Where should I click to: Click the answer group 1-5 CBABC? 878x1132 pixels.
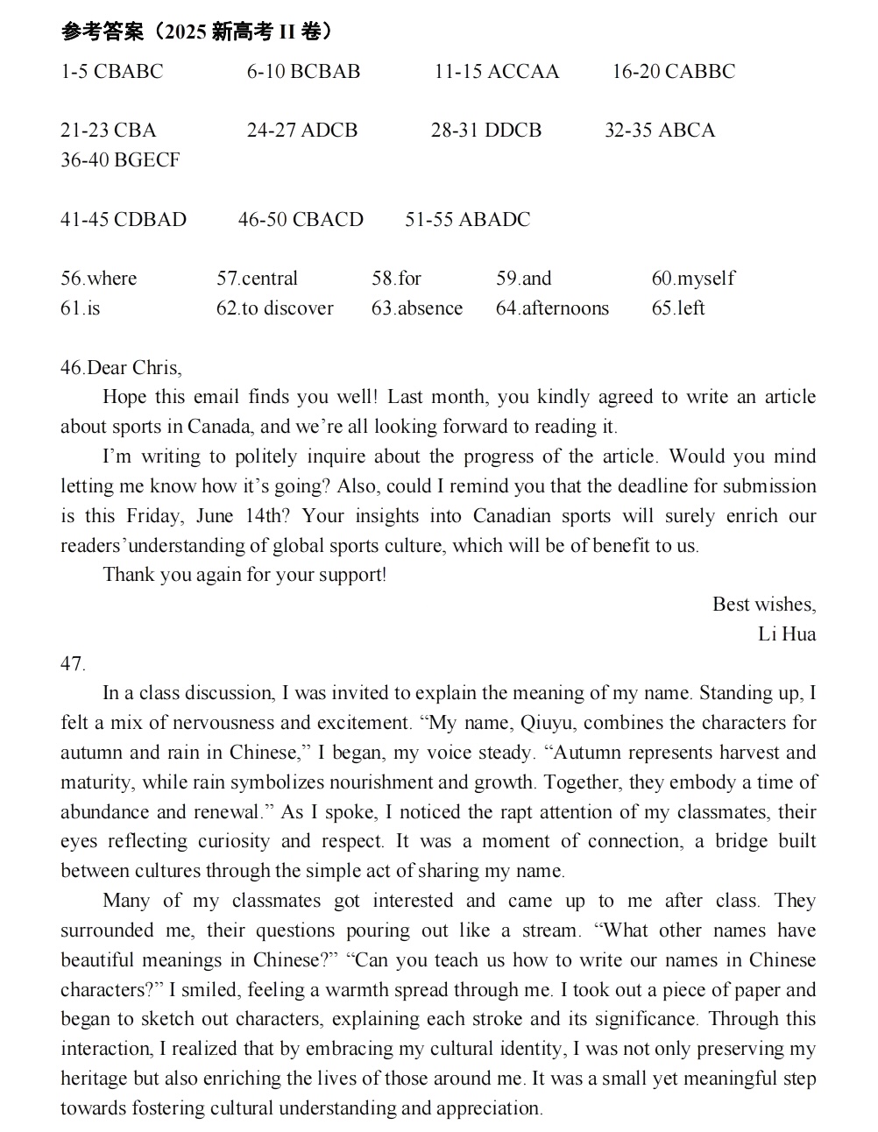[111, 72]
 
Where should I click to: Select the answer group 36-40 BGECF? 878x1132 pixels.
[120, 160]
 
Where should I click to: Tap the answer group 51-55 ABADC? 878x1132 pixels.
[467, 220]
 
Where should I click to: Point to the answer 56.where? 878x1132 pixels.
[98, 279]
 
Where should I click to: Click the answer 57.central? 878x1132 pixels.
[257, 279]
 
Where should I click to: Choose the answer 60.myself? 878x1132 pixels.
[692, 279]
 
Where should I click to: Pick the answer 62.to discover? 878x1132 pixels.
[274, 308]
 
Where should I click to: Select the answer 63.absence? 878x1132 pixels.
[416, 308]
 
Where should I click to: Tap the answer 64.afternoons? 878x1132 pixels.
[551, 308]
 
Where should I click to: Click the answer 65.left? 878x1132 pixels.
[677, 308]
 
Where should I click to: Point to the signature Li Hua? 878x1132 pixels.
[786, 633]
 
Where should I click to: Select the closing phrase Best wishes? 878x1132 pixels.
[763, 605]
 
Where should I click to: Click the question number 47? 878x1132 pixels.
[73, 664]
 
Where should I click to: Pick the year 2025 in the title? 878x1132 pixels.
[183, 32]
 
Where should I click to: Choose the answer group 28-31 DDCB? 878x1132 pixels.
[485, 131]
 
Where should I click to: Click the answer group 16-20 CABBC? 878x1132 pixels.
[673, 72]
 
